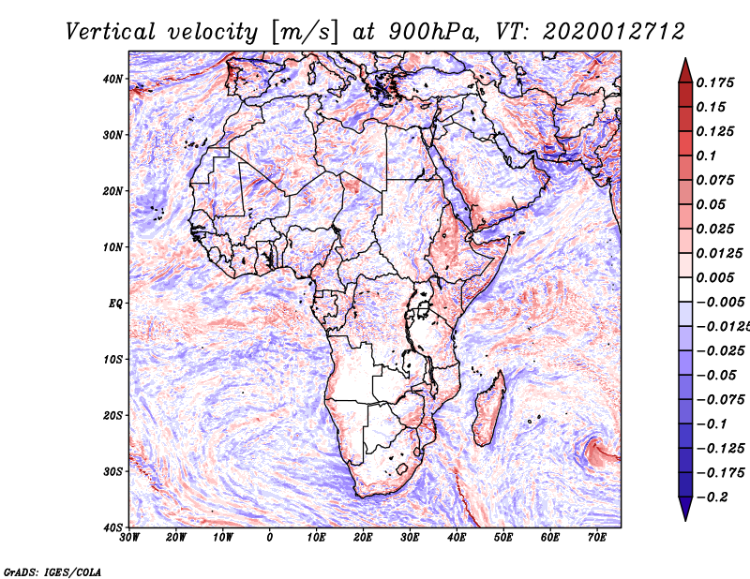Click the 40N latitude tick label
click(x=112, y=79)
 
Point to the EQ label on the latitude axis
click(x=115, y=304)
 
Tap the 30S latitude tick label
click(x=113, y=472)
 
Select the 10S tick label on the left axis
click(x=113, y=360)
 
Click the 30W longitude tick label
click(x=129, y=538)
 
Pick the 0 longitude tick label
click(x=270, y=538)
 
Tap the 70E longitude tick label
click(x=597, y=538)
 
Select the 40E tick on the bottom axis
click(x=457, y=538)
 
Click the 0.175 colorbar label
click(x=714, y=83)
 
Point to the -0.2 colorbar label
click(x=712, y=497)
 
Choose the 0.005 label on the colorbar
click(x=714, y=277)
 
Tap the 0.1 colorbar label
click(x=706, y=156)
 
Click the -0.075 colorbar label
click(x=721, y=400)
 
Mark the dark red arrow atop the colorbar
click(x=685, y=71)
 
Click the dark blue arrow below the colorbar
click(x=685, y=509)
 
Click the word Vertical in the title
click(x=111, y=33)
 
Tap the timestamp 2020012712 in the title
click(x=614, y=33)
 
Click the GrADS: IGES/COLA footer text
click(x=52, y=572)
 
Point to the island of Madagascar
click(x=488, y=408)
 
